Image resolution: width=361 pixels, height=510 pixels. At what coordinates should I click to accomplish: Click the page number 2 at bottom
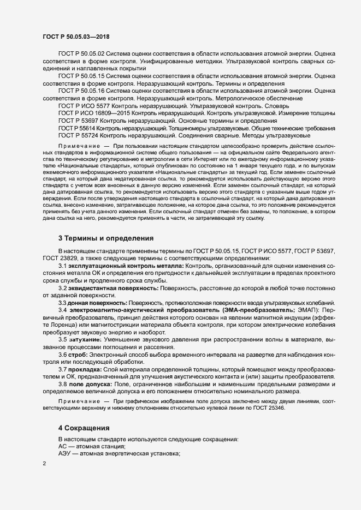point(44,464)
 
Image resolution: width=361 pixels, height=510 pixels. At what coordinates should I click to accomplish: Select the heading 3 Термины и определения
point(105,238)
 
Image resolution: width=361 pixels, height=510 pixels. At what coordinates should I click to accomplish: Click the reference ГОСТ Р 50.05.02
point(81,53)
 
